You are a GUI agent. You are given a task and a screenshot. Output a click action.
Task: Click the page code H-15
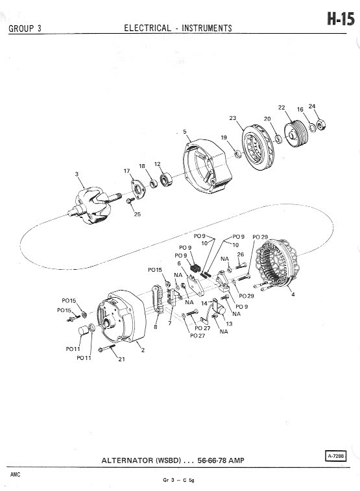pos(341,19)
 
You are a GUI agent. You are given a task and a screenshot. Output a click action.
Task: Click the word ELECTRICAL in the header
pos(147,28)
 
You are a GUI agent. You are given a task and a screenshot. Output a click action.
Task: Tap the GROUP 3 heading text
pos(25,29)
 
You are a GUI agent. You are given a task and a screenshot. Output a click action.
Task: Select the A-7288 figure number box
pos(336,456)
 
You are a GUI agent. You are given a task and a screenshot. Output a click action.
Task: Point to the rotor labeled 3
pos(92,206)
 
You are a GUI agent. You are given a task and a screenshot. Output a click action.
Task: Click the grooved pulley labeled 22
pos(296,134)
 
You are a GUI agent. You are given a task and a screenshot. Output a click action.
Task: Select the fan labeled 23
pos(259,147)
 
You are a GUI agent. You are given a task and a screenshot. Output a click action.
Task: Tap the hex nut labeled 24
pos(321,125)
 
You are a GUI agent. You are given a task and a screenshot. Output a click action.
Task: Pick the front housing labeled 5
pos(207,166)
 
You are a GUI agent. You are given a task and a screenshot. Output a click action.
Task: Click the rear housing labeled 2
pos(121,317)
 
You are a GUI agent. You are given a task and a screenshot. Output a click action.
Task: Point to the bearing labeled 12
pos(166,180)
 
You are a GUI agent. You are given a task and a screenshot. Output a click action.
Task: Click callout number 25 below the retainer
pos(138,215)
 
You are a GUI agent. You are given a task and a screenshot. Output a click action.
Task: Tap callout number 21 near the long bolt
pos(121,359)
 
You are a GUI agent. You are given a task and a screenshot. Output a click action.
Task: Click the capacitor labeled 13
pos(220,311)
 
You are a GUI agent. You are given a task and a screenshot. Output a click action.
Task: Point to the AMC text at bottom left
pos(15,475)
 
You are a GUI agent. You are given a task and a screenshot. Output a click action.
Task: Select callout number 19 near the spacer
pos(224,138)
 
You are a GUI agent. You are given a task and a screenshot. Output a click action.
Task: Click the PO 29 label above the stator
pos(260,237)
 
